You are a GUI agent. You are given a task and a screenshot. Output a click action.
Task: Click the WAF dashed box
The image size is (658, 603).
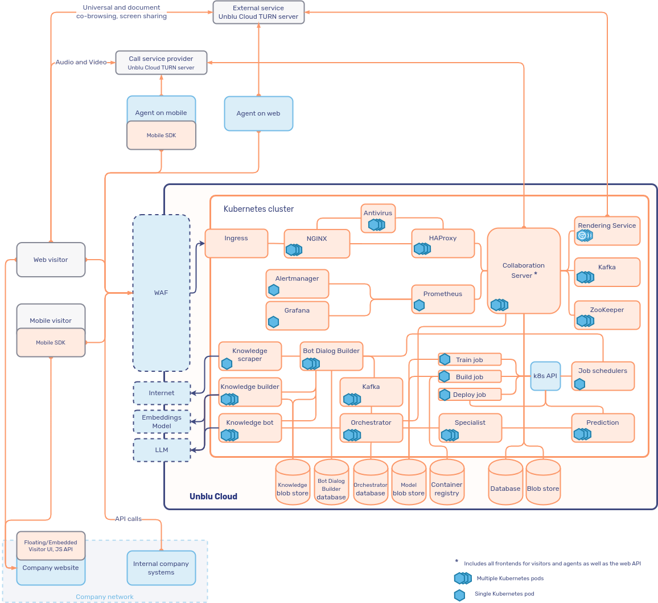tap(161, 293)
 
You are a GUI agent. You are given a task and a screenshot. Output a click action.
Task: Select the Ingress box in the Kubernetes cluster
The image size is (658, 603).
tap(236, 243)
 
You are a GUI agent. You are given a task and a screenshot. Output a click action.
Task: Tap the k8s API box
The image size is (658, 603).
tap(545, 376)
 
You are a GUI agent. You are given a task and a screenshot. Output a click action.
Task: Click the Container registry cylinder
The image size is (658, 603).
tap(447, 483)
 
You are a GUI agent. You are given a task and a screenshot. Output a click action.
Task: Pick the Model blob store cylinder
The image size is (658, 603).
tap(409, 483)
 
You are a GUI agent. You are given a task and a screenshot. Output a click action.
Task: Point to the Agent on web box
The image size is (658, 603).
tap(258, 113)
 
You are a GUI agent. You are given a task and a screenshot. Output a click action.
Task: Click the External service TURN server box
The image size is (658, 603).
tap(258, 12)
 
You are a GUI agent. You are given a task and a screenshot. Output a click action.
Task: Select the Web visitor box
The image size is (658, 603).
tap(51, 260)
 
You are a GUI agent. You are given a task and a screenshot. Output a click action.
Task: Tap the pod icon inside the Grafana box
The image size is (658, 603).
tap(274, 322)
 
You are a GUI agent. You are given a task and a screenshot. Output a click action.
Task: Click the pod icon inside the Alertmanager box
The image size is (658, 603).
tap(274, 290)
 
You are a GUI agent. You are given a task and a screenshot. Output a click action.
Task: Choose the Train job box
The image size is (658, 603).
tap(470, 359)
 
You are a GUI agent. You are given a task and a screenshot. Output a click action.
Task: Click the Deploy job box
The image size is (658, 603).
tap(470, 395)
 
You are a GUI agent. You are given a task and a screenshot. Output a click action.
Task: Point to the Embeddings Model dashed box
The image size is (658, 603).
tap(162, 421)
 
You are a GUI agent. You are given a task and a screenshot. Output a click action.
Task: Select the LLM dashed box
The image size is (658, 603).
tap(162, 450)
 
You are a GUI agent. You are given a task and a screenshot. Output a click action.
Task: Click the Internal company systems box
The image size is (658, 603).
tap(161, 568)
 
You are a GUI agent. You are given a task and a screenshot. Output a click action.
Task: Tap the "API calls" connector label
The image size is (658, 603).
tap(128, 519)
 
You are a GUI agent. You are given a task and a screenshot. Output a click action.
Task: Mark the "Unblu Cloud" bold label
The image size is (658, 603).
tap(213, 497)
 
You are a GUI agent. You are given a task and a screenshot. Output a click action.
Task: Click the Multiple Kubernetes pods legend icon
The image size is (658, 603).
tap(462, 579)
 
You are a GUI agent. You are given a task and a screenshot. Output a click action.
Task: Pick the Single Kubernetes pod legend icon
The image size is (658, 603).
tap(459, 595)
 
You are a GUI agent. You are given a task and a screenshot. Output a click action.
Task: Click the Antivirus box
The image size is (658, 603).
tap(378, 218)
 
